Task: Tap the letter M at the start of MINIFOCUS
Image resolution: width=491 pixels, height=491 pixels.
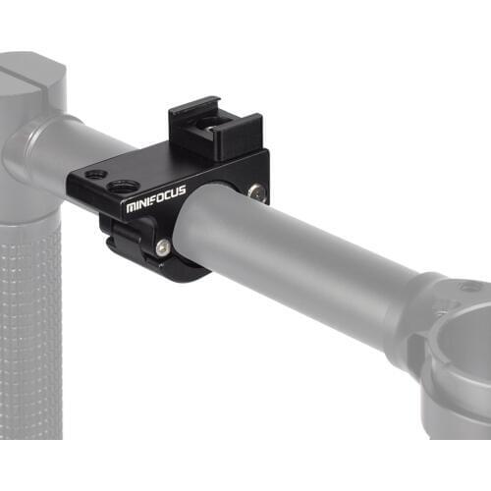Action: [x=132, y=208]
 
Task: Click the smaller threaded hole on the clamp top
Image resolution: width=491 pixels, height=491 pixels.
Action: [x=96, y=175]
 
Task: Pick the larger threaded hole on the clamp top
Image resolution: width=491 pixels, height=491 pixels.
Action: [x=123, y=186]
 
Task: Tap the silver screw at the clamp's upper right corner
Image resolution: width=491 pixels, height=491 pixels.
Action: [x=257, y=193]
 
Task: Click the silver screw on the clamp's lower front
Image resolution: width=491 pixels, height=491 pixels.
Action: [x=162, y=248]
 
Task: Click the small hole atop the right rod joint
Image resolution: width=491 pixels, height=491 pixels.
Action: [x=472, y=287]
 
